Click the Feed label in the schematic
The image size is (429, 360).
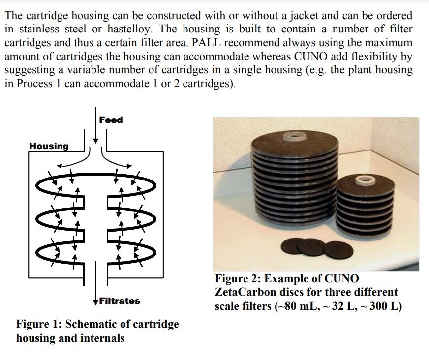tap(111, 120)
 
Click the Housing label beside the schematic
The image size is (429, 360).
tap(49, 146)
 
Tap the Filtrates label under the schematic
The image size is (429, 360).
tap(119, 301)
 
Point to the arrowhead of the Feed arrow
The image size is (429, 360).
tap(96, 141)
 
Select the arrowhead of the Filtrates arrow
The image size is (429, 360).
tap(96, 302)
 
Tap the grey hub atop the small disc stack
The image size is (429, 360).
tap(365, 180)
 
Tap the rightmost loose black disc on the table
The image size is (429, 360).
tap(338, 250)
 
